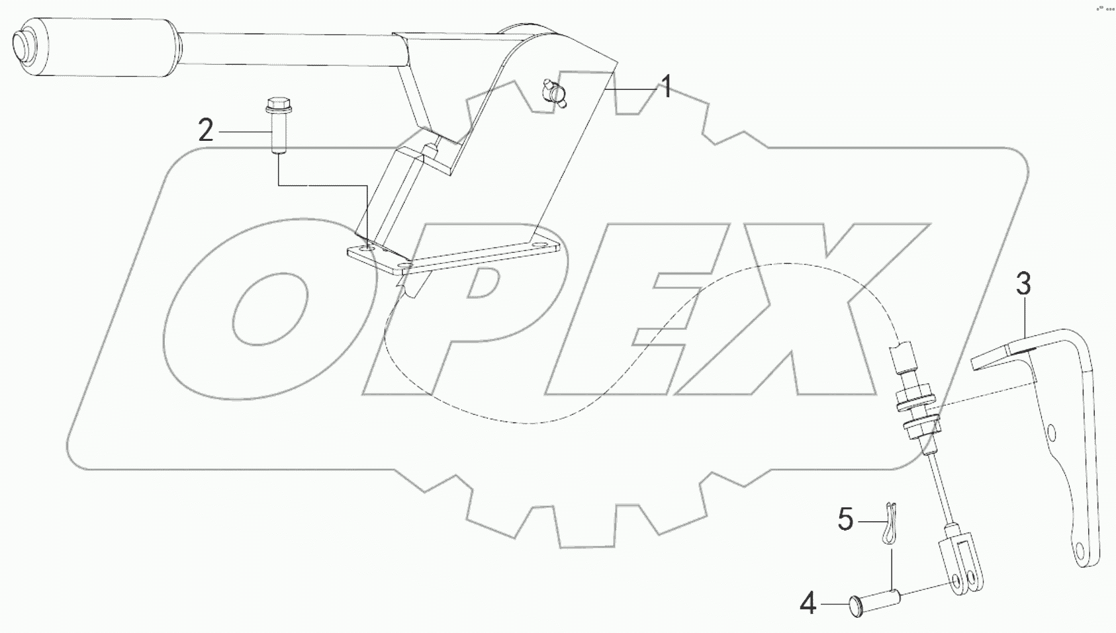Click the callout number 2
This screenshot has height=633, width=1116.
206,131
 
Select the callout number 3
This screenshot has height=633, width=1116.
1023,284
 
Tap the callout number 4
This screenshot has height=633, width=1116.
808,604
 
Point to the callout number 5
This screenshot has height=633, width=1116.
845,520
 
